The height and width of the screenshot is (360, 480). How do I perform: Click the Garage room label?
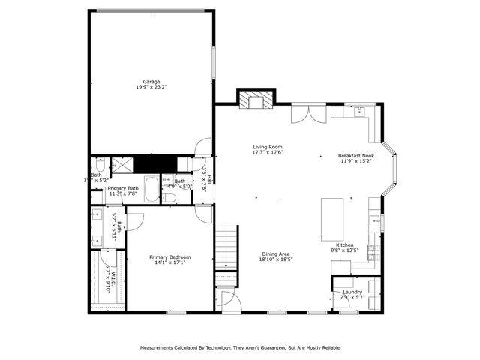tap(151, 82)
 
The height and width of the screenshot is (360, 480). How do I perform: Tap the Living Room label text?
tap(267, 147)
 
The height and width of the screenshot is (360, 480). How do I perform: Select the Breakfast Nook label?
tap(355, 155)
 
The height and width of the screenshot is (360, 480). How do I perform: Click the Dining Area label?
tap(275, 253)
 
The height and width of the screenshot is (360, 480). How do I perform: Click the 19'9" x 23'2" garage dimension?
tap(151, 88)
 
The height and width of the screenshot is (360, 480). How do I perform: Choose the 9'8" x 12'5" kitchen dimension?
tap(345, 250)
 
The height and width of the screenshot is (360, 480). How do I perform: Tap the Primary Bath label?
tap(123, 188)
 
